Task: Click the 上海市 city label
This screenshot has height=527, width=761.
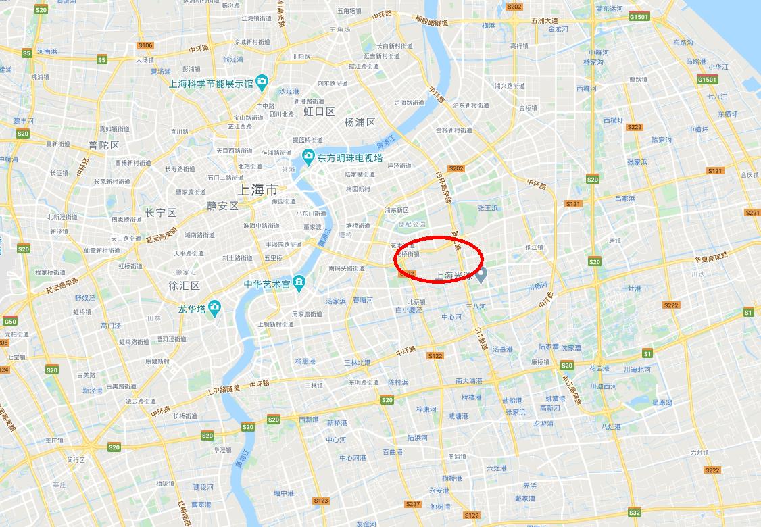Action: click(x=259, y=189)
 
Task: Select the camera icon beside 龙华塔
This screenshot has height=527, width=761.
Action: click(x=214, y=309)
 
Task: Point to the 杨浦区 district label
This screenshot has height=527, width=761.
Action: click(x=360, y=122)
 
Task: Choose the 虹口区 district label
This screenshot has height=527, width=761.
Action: click(x=319, y=111)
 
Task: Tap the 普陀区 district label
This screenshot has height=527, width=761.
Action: click(x=103, y=145)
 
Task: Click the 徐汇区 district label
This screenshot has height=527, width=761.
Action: click(x=185, y=286)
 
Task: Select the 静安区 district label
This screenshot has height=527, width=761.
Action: click(x=223, y=206)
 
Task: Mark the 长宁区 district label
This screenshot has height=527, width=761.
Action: click(x=160, y=213)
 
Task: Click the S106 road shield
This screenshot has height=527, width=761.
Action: click(x=145, y=45)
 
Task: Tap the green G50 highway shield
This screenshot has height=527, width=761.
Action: click(x=9, y=321)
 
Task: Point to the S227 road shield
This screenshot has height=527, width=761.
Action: click(x=413, y=504)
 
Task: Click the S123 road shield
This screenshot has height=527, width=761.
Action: click(x=321, y=501)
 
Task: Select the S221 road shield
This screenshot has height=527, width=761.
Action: click(x=752, y=212)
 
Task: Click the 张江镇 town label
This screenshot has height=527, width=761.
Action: click(x=534, y=247)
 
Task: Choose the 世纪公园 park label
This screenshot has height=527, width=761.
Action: click(x=412, y=224)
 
